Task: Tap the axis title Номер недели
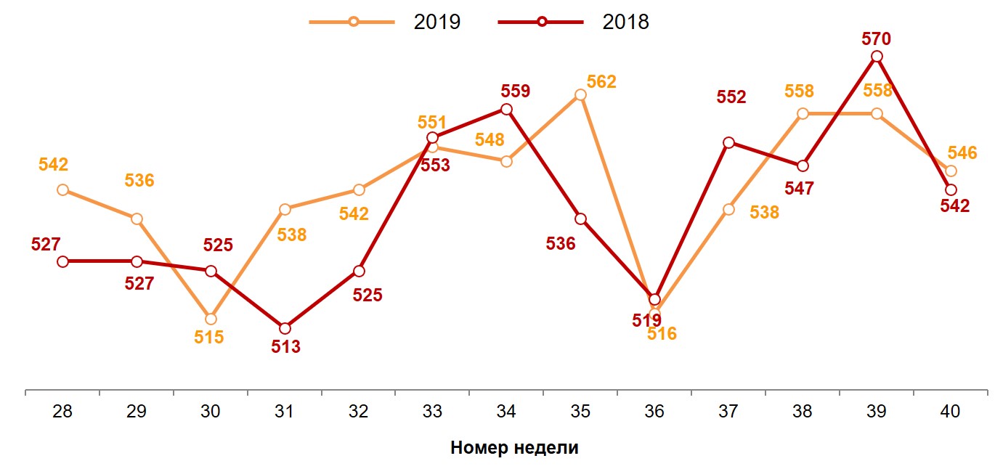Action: tap(514, 447)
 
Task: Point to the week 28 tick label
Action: tap(62, 412)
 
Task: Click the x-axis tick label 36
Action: tap(654, 412)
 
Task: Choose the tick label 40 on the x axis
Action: tap(950, 412)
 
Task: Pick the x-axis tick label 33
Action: tap(432, 412)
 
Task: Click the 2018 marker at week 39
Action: tap(877, 57)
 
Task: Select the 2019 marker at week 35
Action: tap(580, 94)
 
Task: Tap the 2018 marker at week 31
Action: tap(285, 328)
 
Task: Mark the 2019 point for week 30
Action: tap(211, 319)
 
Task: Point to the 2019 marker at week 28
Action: tap(62, 189)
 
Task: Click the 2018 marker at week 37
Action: tap(728, 142)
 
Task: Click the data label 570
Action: tap(877, 38)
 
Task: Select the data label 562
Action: tap(601, 81)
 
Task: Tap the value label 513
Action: tap(285, 347)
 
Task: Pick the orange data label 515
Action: tap(209, 338)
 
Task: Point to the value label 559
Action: tap(516, 91)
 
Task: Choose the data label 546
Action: tap(962, 153)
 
